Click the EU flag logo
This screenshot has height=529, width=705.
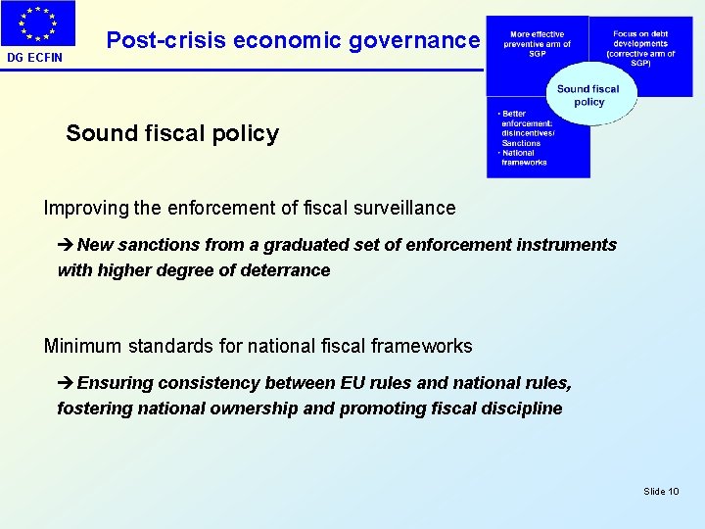click(x=38, y=24)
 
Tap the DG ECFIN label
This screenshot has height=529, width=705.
click(x=34, y=57)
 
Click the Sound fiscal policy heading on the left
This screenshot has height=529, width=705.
click(x=172, y=133)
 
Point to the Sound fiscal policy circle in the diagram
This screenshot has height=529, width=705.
click(x=588, y=95)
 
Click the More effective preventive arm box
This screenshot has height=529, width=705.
click(x=537, y=45)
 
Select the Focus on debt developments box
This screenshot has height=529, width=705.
click(x=640, y=47)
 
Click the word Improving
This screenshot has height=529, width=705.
click(x=86, y=208)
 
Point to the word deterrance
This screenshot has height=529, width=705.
click(x=286, y=270)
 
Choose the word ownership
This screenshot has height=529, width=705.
click(x=250, y=409)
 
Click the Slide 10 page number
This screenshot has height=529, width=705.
click(x=661, y=491)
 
